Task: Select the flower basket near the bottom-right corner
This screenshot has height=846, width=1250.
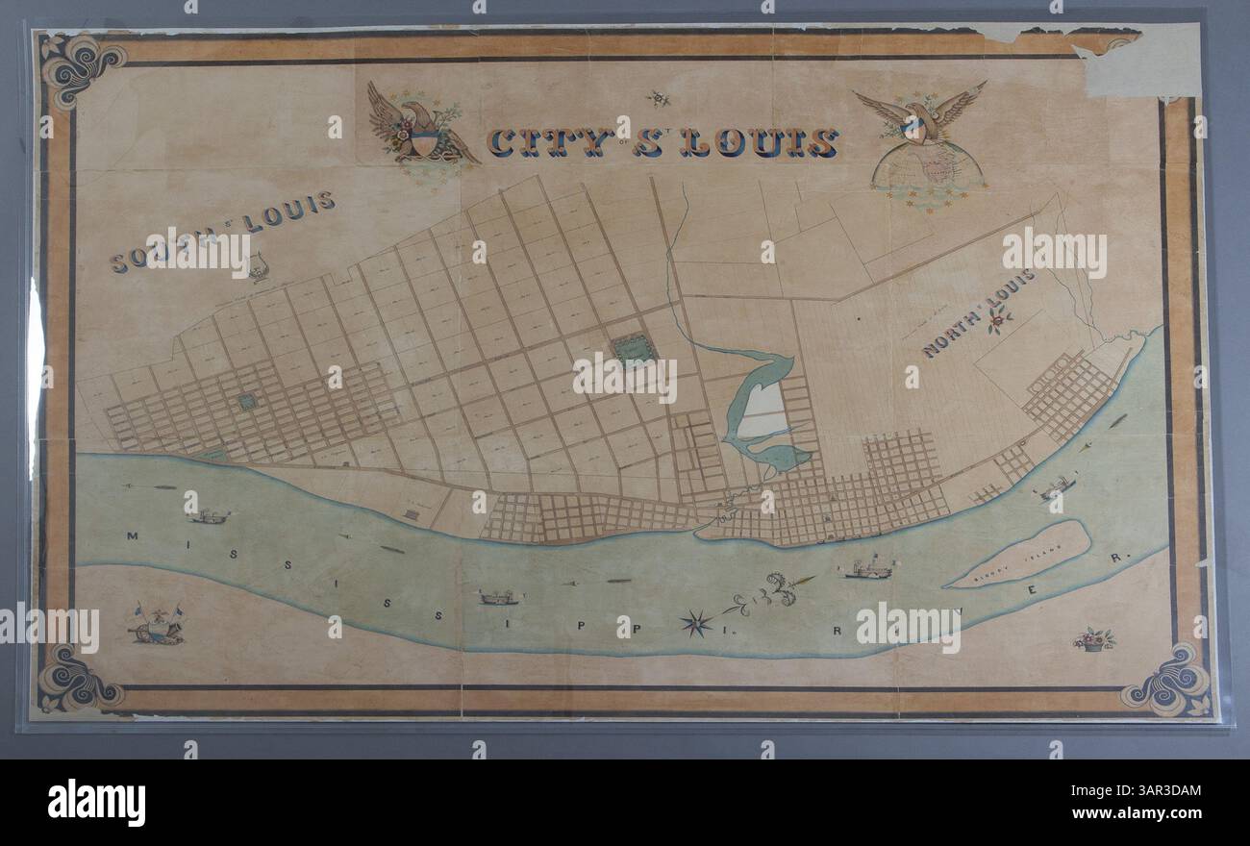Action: coord(1093,639)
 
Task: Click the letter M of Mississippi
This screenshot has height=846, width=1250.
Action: coord(132,535)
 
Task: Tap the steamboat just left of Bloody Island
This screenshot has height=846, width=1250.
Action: coord(867,570)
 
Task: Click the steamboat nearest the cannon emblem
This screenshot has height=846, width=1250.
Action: coord(209,517)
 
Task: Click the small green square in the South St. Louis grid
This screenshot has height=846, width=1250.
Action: coord(247,402)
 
